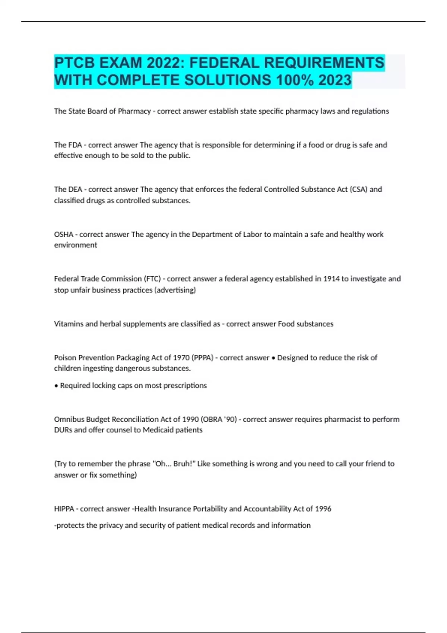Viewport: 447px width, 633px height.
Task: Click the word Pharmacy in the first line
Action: (x=134, y=111)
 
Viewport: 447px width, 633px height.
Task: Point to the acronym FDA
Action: (x=75, y=145)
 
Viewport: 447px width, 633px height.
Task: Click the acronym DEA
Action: (x=75, y=190)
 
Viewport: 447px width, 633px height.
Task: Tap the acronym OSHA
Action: (x=64, y=235)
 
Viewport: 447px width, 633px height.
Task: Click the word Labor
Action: (x=253, y=235)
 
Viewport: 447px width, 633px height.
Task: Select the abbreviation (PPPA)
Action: (x=202, y=358)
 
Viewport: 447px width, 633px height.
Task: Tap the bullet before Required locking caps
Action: (x=56, y=386)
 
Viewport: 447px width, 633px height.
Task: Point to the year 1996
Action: (x=323, y=509)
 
